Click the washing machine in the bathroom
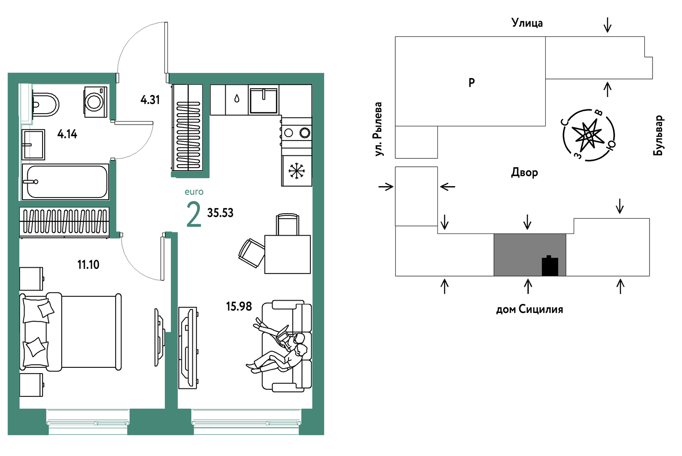click(x=96, y=102)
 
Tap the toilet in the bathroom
click(x=45, y=105)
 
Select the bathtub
click(x=65, y=182)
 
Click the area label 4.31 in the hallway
click(x=150, y=100)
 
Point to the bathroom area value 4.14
click(x=67, y=134)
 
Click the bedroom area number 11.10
click(x=88, y=265)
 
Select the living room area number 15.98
click(x=239, y=307)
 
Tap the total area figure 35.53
click(x=220, y=213)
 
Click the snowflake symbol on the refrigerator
click(x=297, y=171)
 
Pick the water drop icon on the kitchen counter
click(x=237, y=98)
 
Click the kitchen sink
click(x=264, y=100)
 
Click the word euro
click(x=194, y=192)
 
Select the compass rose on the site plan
click(x=589, y=135)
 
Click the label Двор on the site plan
click(x=524, y=173)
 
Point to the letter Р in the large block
click(x=471, y=83)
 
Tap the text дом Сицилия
click(x=529, y=309)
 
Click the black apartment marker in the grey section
click(x=550, y=266)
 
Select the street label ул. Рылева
click(x=378, y=129)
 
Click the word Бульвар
click(x=658, y=135)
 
